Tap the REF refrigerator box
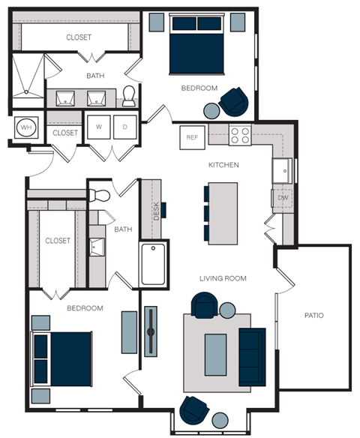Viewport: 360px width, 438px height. [x=192, y=137]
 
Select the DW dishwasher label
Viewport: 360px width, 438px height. [x=283, y=198]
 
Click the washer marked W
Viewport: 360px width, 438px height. [x=98, y=127]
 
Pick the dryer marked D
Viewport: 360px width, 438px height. [x=125, y=127]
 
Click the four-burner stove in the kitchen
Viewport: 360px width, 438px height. [x=240, y=135]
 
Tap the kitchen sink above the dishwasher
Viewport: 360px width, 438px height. [x=283, y=170]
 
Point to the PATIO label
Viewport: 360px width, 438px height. [x=314, y=316]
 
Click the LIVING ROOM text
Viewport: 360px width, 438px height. [x=223, y=278]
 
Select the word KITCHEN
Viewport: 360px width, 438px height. [x=223, y=164]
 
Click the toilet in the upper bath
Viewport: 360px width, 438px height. [x=128, y=94]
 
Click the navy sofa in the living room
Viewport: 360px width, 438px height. [x=252, y=356]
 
